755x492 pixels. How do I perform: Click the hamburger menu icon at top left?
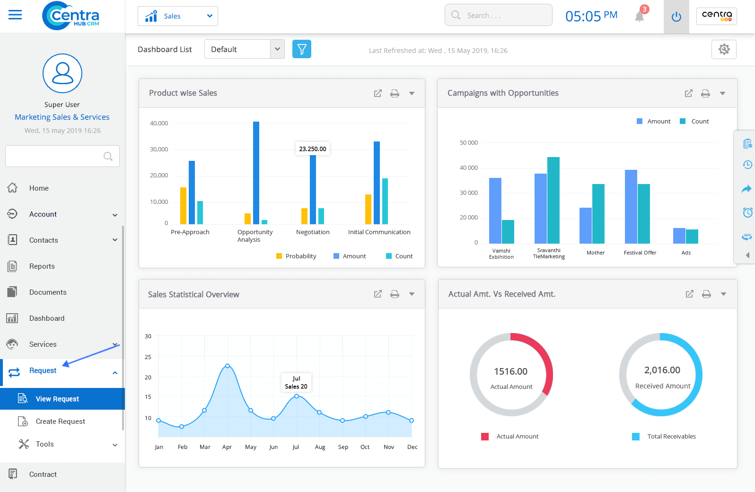[x=15, y=15]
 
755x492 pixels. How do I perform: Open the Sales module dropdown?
[x=178, y=16]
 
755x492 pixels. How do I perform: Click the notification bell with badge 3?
[x=640, y=17]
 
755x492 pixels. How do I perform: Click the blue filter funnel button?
[x=302, y=49]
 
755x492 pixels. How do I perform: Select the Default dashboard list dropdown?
[x=244, y=49]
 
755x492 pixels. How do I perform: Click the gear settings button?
[x=724, y=49]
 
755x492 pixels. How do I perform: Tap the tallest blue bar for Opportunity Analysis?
[x=256, y=173]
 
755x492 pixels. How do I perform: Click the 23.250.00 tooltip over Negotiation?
[x=313, y=149]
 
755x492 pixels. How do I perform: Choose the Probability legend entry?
[x=296, y=256]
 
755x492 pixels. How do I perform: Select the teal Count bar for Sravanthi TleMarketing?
[x=553, y=200]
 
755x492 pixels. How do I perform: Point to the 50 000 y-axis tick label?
[x=468, y=142]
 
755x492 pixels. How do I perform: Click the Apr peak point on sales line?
[x=228, y=366]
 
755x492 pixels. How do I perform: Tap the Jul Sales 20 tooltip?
[x=296, y=382]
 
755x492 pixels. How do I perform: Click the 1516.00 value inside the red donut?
[x=510, y=371]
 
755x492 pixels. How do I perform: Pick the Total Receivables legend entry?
[x=671, y=436]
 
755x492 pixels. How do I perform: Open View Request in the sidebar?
[x=57, y=399]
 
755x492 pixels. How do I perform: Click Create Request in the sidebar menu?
[x=60, y=421]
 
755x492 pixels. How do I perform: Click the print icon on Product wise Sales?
[x=395, y=93]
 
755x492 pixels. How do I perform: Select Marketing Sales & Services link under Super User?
[x=62, y=117]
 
